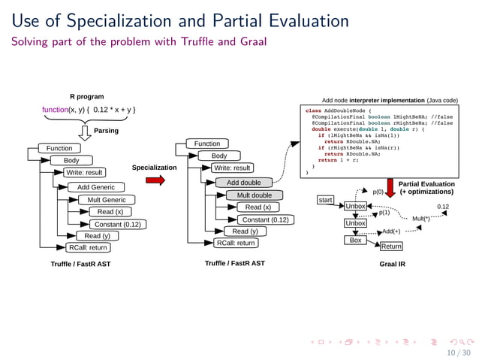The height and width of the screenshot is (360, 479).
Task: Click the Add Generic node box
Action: [x=96, y=186]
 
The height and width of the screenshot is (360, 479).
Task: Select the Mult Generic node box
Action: [x=106, y=200]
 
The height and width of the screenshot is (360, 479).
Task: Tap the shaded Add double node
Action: [x=243, y=183]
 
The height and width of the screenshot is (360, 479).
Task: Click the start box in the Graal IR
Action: [x=325, y=200]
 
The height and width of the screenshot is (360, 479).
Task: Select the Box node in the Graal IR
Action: [x=355, y=240]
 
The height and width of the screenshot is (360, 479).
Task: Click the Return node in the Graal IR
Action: [x=391, y=246]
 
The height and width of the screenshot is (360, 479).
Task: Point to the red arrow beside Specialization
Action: [x=155, y=180]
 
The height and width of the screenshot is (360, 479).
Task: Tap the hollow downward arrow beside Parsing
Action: [x=84, y=132]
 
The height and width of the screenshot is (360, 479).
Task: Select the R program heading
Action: [x=86, y=96]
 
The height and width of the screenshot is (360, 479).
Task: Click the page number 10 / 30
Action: [x=458, y=352]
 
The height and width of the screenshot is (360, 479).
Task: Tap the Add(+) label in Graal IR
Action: [x=391, y=231]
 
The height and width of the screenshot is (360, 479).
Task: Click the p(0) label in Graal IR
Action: [x=378, y=192]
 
